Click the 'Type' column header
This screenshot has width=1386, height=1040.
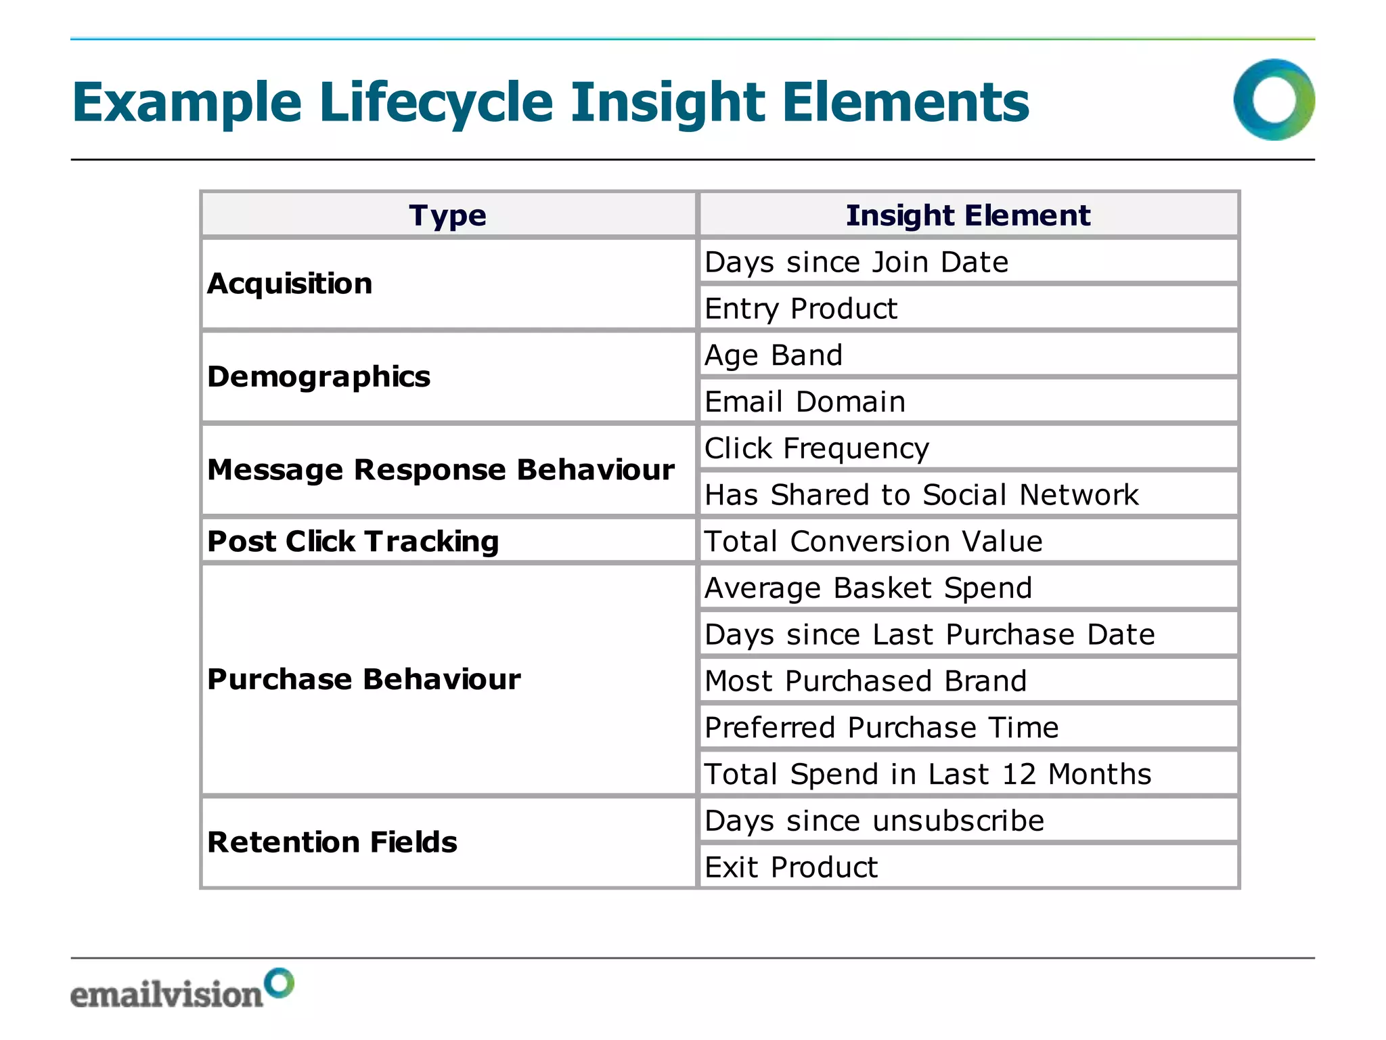tap(447, 215)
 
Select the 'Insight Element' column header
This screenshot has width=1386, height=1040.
tap(968, 215)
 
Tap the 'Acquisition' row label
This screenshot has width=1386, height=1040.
tap(290, 284)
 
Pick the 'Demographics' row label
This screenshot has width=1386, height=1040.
tap(319, 376)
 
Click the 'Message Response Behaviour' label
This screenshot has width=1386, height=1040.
tap(441, 470)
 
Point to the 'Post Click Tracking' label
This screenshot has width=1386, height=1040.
tap(353, 541)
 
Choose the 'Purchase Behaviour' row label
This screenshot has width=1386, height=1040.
tap(363, 679)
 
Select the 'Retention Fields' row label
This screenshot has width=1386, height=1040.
tap(332, 842)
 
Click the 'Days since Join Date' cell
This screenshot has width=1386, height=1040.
tap(856, 262)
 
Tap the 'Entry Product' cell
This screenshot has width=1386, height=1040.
tap(801, 309)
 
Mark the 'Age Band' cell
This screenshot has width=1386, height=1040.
tap(774, 355)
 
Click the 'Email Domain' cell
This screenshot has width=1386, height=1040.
tap(805, 402)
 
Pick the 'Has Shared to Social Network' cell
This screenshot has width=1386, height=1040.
tap(921, 495)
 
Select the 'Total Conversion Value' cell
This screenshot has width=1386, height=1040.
tap(873, 542)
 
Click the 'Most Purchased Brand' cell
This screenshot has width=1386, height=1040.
tap(866, 681)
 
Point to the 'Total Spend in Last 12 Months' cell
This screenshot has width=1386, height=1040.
tap(927, 774)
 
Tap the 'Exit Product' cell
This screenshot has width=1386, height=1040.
tap(790, 867)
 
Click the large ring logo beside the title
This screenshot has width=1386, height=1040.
tap(1274, 100)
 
